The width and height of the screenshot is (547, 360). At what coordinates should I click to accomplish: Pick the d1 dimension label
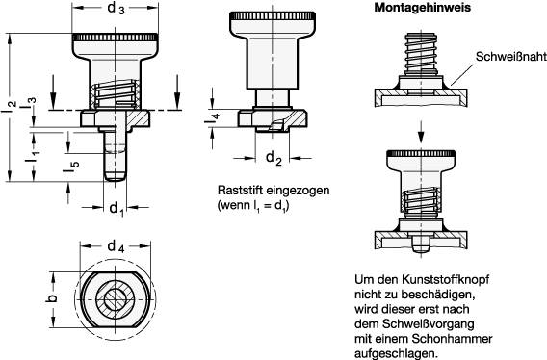click(x=117, y=208)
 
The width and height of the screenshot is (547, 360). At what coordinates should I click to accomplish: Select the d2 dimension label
click(x=273, y=158)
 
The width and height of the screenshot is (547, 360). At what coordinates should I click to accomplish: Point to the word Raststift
click(x=242, y=191)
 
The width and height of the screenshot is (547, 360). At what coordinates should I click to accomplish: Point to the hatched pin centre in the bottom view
click(x=116, y=301)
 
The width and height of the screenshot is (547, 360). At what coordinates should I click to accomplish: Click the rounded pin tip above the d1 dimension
click(x=117, y=177)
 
